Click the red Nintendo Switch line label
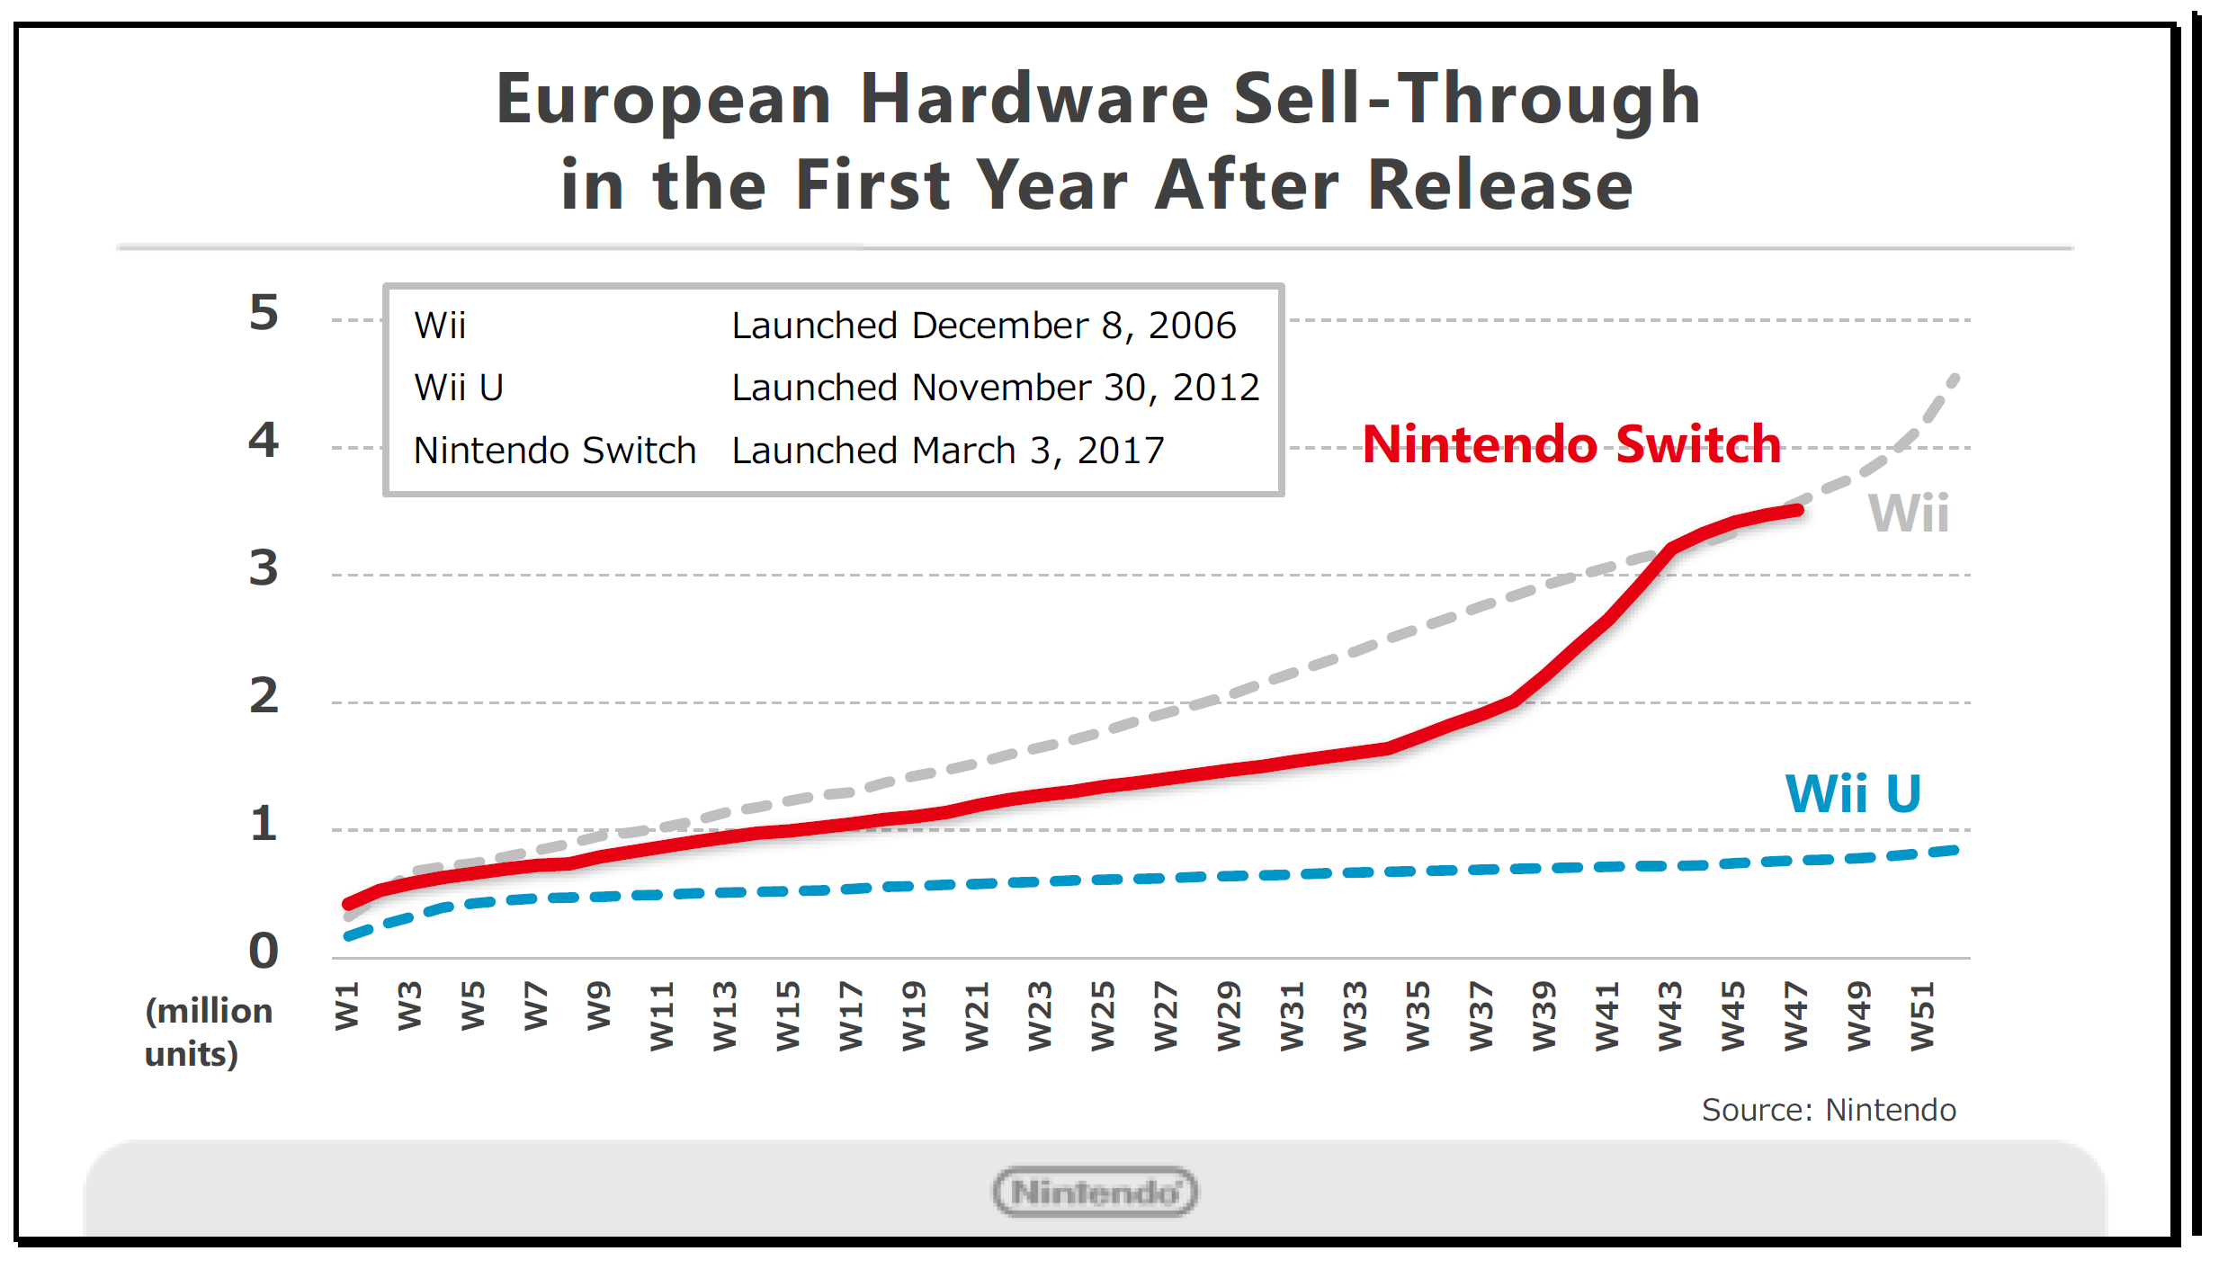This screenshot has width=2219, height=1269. coord(1571,444)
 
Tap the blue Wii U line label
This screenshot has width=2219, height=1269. coord(1853,794)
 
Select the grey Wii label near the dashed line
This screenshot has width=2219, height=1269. coord(1908,514)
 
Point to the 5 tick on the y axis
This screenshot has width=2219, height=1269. coord(264,313)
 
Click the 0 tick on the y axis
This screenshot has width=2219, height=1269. coord(264,951)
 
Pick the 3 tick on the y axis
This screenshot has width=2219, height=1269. coord(264,568)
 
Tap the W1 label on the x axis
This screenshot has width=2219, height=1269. coord(347,1006)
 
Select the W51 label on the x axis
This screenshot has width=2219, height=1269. coord(1921,1016)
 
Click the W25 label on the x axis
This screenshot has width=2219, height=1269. coord(1103,1016)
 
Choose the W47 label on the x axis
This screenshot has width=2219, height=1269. coord(1795,1016)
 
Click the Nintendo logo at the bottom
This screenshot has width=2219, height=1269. coord(1095,1192)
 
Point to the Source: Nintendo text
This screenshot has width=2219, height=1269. coord(1828,1111)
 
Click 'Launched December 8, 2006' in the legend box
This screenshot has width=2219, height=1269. coord(983,326)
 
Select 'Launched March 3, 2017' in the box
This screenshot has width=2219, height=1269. coord(947,451)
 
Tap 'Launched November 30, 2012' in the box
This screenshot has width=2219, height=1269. coord(995,388)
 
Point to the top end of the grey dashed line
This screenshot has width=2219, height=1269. coord(1955,378)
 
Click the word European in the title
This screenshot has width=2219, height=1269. coord(663,99)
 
